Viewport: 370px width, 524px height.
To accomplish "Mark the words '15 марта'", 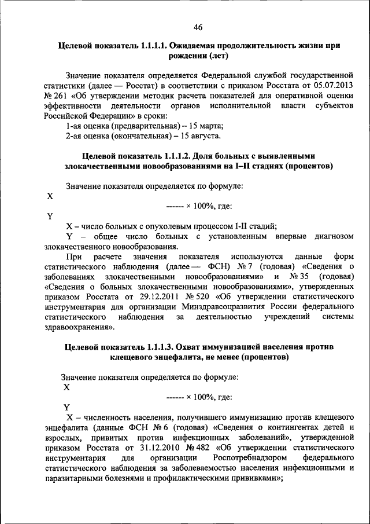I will (x=203, y=126).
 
